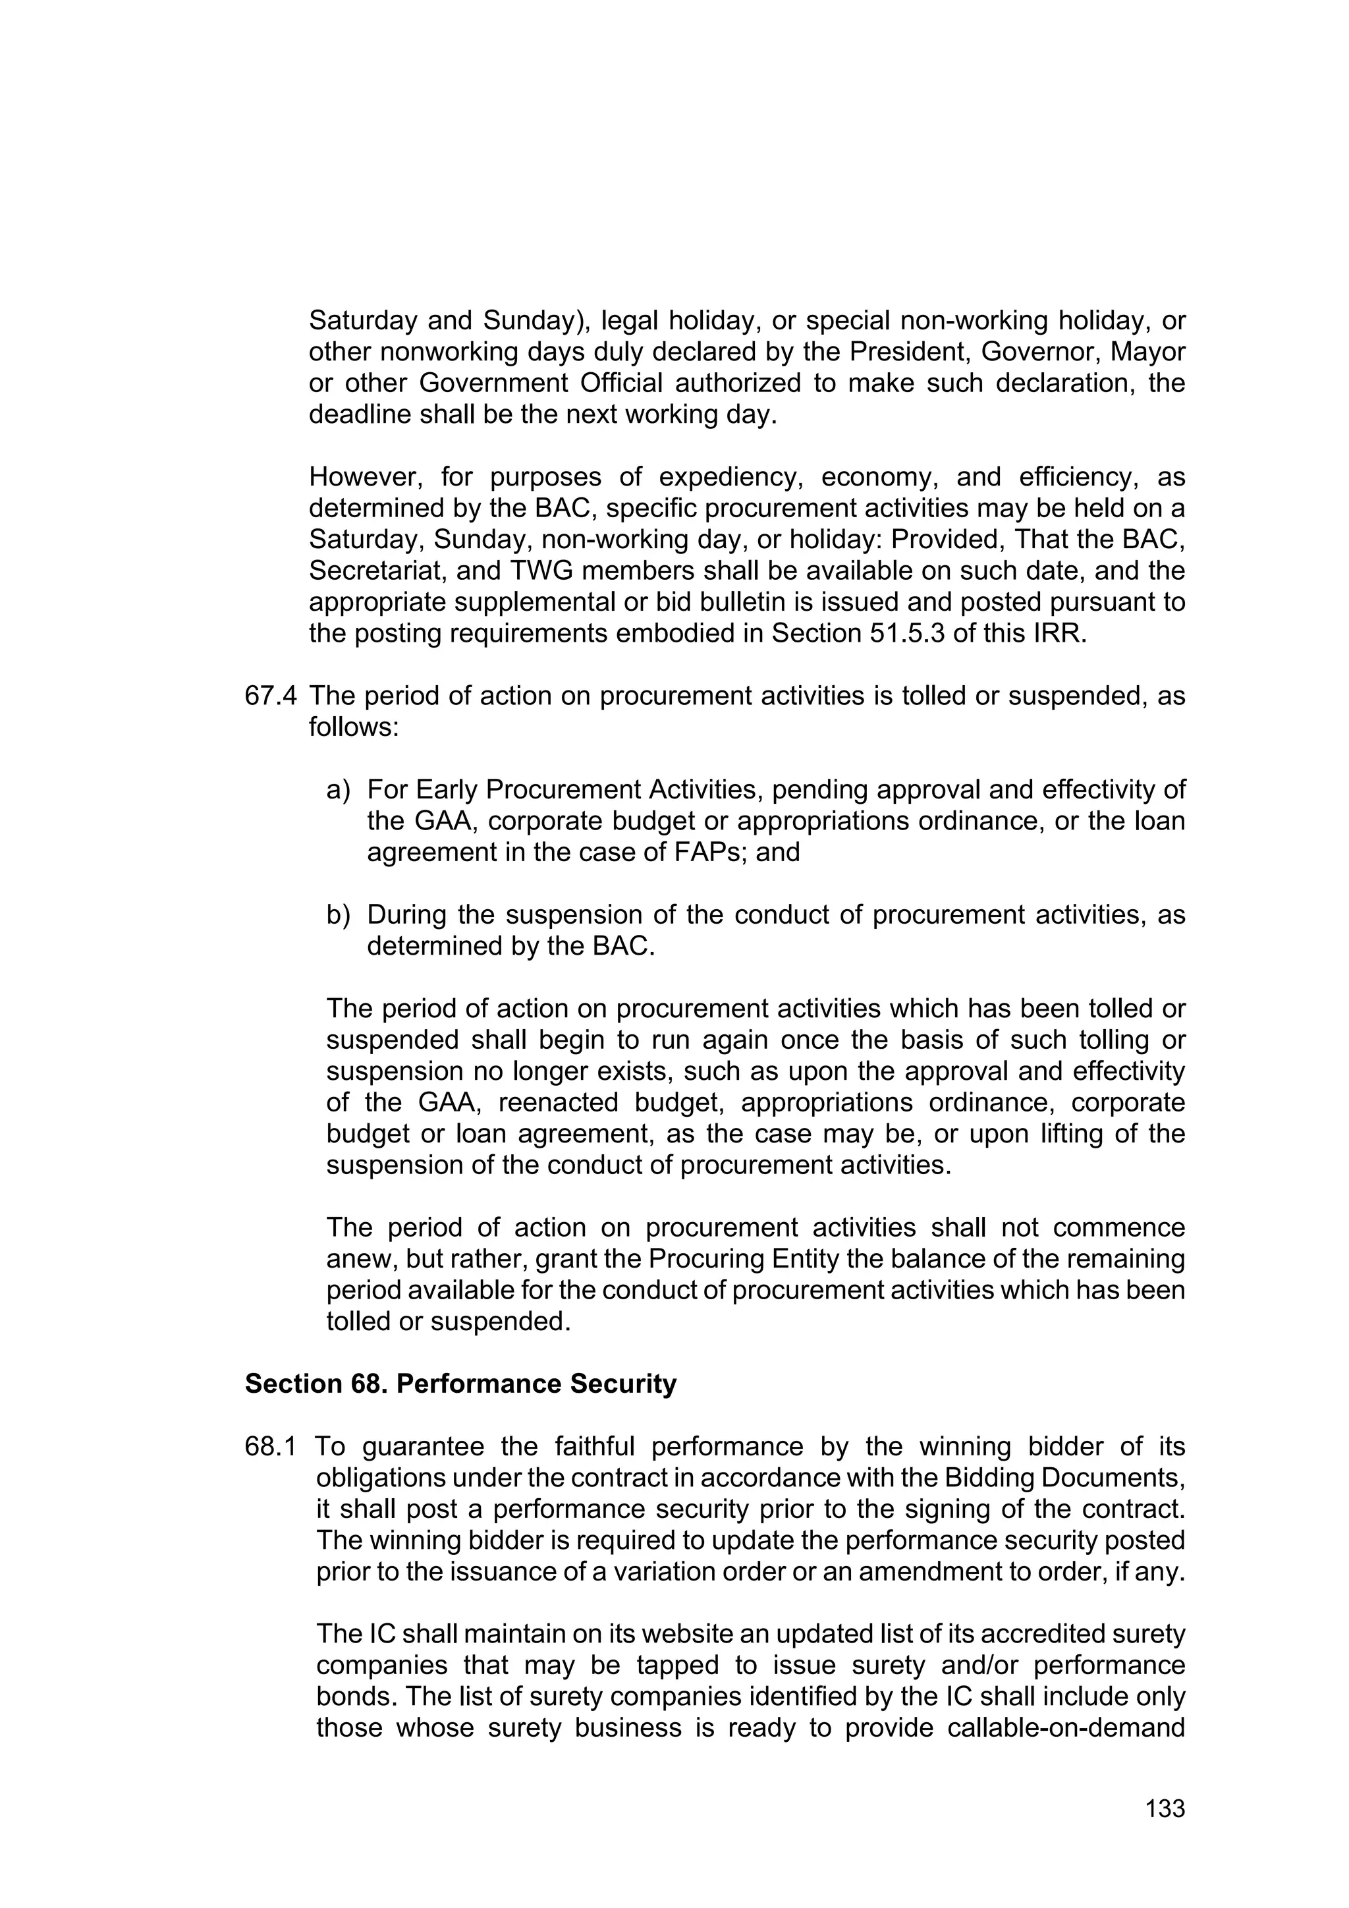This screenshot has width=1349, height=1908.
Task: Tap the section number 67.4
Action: pyautogui.click(x=270, y=696)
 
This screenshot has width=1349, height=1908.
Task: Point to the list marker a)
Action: pyautogui.click(x=338, y=789)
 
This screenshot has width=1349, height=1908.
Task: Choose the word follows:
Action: pyautogui.click(x=354, y=727)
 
